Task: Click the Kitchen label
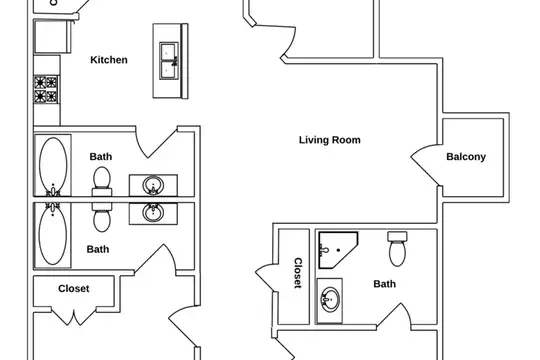coord(109,60)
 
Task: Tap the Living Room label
coord(330,140)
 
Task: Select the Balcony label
coord(466,157)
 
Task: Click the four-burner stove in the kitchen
coord(46,90)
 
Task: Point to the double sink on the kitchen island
coord(169,61)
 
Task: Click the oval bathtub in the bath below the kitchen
coord(53,165)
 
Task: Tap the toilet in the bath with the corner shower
coord(397,249)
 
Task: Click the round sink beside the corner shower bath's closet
coord(330,300)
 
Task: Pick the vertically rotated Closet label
coord(298,273)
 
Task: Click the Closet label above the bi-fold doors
coord(74,289)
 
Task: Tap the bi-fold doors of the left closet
coord(74,317)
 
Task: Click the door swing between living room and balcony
coord(424,165)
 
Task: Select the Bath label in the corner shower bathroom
coord(385,284)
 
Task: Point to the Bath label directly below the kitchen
coord(101,157)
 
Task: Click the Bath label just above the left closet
coord(98,249)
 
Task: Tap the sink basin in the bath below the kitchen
coord(153,185)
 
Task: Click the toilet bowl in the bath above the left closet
coord(102,220)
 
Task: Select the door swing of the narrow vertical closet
coord(264,277)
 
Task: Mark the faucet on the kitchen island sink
coord(175,61)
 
